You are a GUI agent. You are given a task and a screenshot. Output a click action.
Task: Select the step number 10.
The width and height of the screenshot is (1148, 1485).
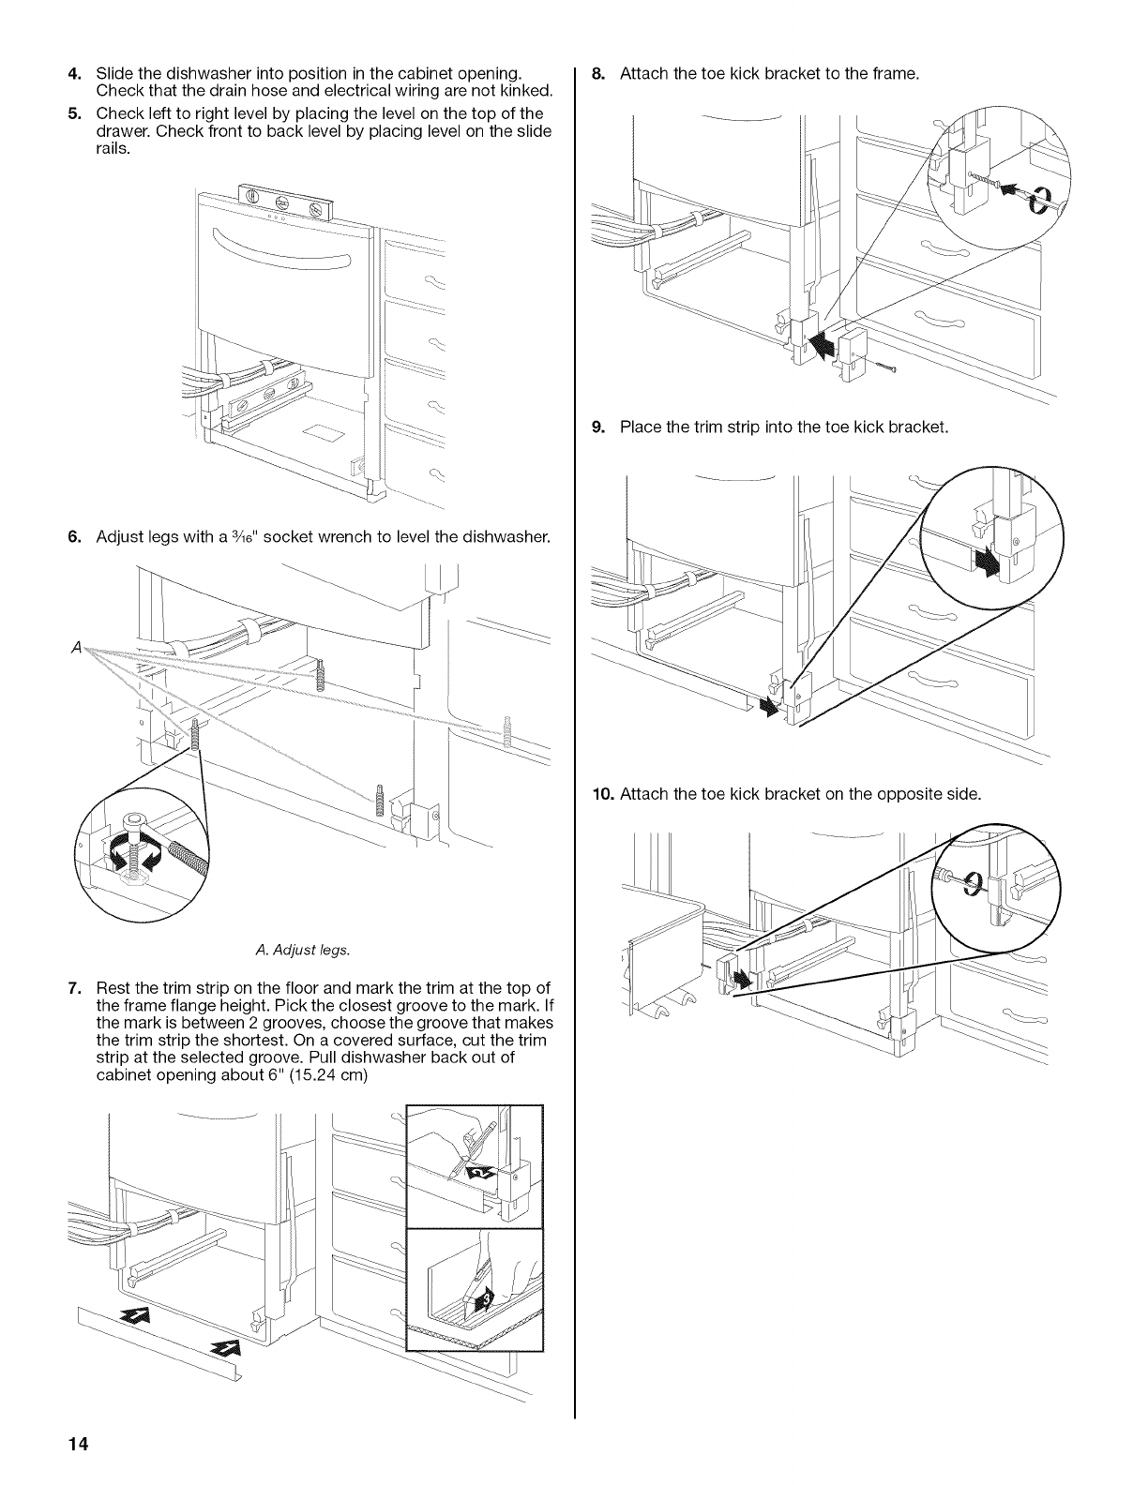[x=602, y=794]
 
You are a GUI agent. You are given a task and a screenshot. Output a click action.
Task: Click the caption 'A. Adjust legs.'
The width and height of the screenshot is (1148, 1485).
[x=301, y=951]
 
